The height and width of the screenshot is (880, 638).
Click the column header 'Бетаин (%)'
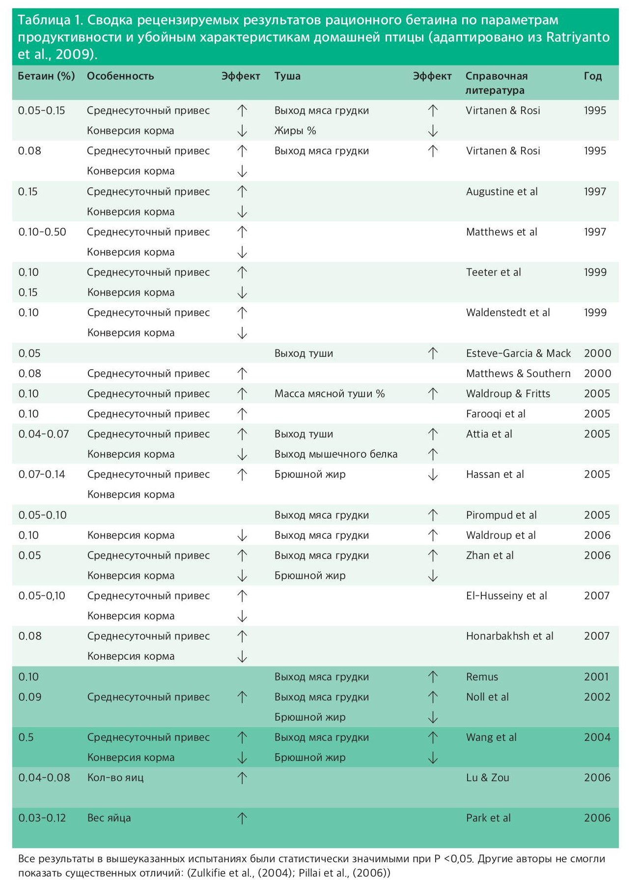coord(46,76)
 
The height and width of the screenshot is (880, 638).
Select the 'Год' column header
coord(592,76)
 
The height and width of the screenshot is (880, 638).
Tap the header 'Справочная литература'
coord(496,83)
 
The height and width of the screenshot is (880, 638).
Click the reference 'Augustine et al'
coord(501,192)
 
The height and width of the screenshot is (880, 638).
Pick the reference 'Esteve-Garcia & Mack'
coord(518,353)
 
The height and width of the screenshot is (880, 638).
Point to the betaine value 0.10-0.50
coord(42,232)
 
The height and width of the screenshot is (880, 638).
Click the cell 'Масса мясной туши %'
coord(329,394)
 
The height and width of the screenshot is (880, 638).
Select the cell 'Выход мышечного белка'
coord(335,454)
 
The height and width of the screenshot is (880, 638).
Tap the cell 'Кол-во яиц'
coord(115,778)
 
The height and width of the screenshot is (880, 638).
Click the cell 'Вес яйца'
coord(109,818)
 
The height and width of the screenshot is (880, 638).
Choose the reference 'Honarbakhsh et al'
coord(509,636)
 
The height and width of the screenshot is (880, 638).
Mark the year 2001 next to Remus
coord(596,677)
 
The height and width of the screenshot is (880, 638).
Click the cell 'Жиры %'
coord(295,131)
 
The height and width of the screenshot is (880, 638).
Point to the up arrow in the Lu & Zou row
coord(242,778)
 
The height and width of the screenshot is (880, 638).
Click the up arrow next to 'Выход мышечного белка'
coord(433,454)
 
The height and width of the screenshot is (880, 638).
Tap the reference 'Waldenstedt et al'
coord(508,313)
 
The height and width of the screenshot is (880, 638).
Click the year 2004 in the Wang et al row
coord(597,737)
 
